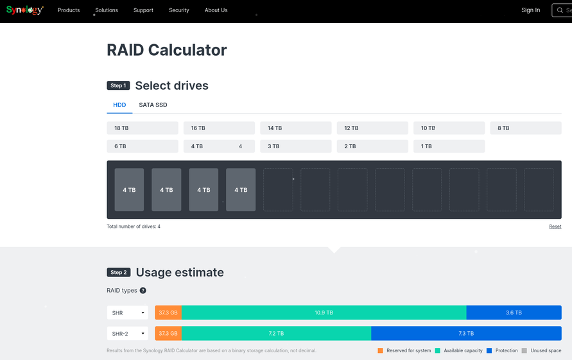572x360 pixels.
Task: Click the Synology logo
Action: pos(25,10)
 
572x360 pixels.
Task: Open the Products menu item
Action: pos(69,10)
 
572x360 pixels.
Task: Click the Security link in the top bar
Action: pos(179,10)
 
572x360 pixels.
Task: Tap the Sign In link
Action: pos(530,10)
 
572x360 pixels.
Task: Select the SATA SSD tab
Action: pos(153,105)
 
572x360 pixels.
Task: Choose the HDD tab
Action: pos(119,105)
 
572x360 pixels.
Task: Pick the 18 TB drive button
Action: pos(142,128)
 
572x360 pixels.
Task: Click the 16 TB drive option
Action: pos(218,128)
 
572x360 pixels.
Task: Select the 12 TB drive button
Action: pos(372,128)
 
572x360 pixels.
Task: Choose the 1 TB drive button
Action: pos(448,146)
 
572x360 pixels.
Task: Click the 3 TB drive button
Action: pos(295,146)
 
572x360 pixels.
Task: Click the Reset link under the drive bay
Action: pos(555,227)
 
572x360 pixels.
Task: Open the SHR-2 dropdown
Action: pos(127,334)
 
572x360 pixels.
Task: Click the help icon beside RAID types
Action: pos(143,291)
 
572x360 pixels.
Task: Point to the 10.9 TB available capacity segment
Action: pos(324,313)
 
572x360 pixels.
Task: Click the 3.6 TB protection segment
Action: pos(514,313)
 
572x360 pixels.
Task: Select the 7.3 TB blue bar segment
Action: pos(466,334)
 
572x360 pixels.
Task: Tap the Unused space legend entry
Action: pos(542,351)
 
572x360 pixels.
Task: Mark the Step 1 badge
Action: pos(118,85)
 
